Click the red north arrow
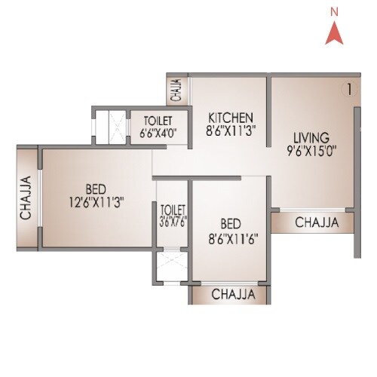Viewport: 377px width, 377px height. pos(333,35)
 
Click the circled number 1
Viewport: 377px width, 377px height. pos(348,89)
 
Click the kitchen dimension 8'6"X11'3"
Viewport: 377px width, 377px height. pos(230,130)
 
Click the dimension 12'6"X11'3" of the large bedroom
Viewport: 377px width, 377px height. pos(95,201)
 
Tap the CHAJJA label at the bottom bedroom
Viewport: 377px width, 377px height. pos(231,293)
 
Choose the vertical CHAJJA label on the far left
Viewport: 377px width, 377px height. pos(25,197)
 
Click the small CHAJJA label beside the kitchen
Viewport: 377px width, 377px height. pos(176,90)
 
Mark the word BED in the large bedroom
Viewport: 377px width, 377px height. pos(95,189)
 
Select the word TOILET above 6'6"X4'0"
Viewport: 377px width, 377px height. pos(157,121)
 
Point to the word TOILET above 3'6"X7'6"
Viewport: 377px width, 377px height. pos(173,208)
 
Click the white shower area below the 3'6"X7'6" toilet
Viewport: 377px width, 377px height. pos(171,265)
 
